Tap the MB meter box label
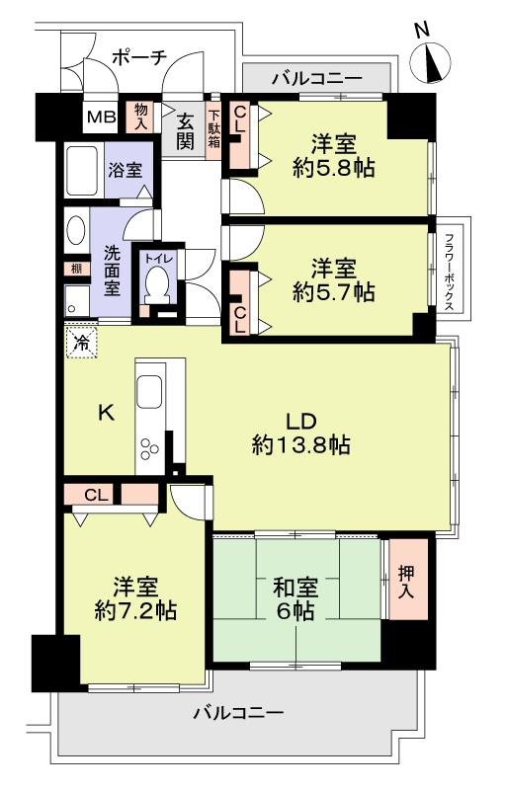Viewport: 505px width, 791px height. coord(102,118)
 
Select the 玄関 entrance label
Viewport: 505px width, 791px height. coord(185,131)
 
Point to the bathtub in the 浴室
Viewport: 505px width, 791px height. coord(81,171)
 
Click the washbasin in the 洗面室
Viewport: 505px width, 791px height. coord(76,230)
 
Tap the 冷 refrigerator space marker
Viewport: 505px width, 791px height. coord(81,343)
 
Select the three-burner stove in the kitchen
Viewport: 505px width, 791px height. coord(149,449)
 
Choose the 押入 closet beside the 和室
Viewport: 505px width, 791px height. coord(407,579)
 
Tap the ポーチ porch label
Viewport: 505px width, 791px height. coord(139,57)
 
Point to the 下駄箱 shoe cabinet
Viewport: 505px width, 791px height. coord(214,131)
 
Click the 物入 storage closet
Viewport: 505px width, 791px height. coord(141,118)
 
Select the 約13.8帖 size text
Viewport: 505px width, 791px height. coord(301,445)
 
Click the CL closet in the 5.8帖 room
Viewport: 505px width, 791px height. coord(240,135)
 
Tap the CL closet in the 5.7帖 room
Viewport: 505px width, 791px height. coord(240,303)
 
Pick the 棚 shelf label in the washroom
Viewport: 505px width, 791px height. coord(76,269)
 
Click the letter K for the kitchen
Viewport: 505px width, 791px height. coord(106,414)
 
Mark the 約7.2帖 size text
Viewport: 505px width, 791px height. coord(135,611)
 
